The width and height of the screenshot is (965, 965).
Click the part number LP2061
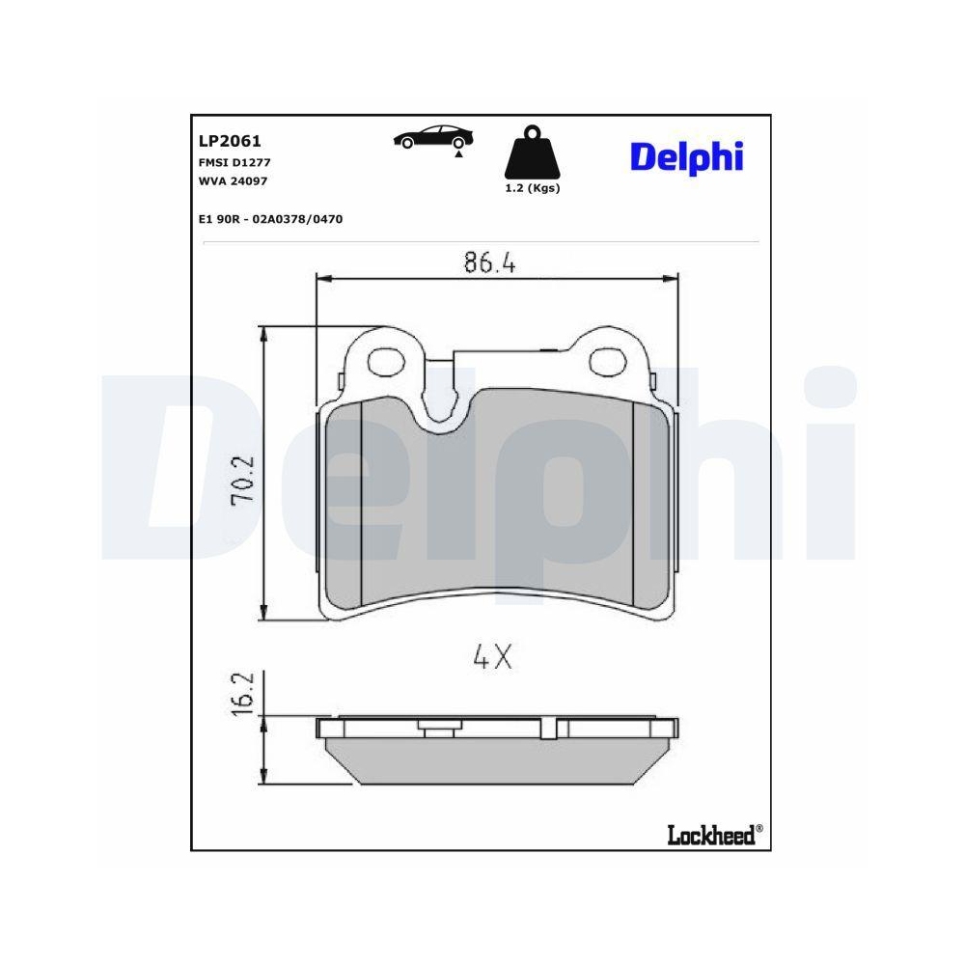pyautogui.click(x=223, y=140)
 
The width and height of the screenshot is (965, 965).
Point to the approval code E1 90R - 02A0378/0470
pyautogui.click(x=270, y=219)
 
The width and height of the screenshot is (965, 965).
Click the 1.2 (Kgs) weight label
pyautogui.click(x=532, y=188)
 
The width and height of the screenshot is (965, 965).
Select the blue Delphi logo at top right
pyautogui.click(x=687, y=154)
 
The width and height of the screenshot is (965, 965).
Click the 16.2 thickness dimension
pyautogui.click(x=245, y=694)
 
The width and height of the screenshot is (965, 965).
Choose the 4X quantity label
pyautogui.click(x=491, y=658)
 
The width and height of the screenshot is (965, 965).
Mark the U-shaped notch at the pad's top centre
pyautogui.click(x=441, y=405)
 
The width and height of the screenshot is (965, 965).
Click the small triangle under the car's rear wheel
pyautogui.click(x=459, y=153)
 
